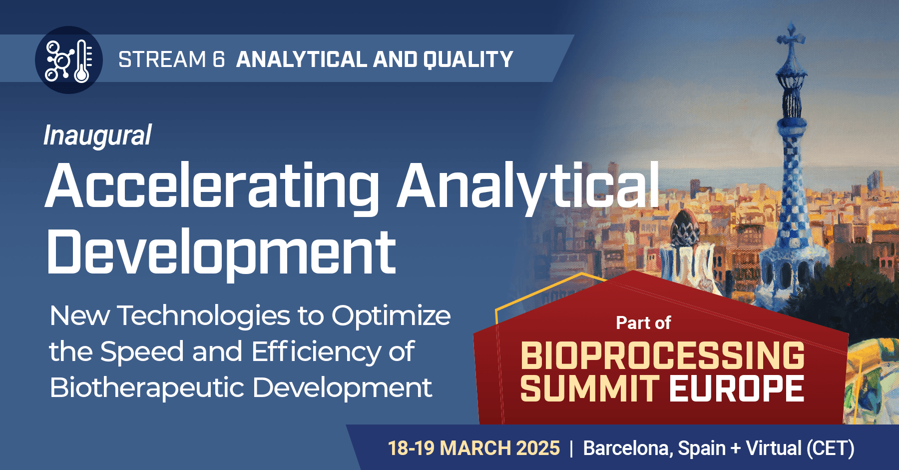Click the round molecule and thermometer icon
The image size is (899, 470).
[x=69, y=60]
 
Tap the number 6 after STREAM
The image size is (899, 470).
[x=219, y=59]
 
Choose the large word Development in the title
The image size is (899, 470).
[x=222, y=252]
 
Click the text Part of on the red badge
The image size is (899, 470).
[x=643, y=323]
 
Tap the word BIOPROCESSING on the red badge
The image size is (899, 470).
[x=663, y=355]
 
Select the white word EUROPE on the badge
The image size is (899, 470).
[x=737, y=388]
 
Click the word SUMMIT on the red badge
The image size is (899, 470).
[x=590, y=388]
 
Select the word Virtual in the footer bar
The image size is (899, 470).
[x=774, y=448]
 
